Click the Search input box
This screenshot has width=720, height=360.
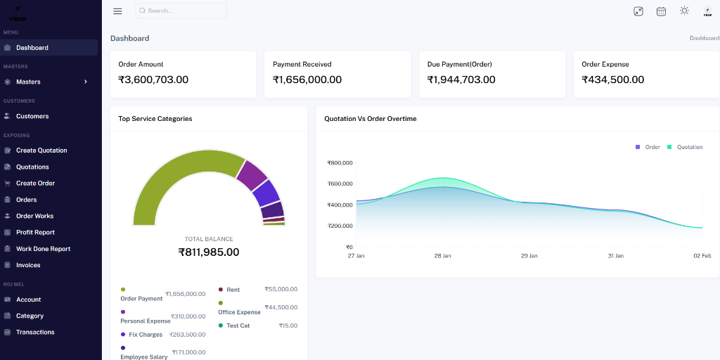[x=181, y=11]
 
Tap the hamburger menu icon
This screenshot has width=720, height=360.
[x=117, y=11]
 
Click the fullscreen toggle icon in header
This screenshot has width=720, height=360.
[x=638, y=11]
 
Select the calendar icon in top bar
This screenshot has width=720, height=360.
[x=661, y=11]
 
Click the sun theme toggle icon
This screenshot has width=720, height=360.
[x=684, y=11]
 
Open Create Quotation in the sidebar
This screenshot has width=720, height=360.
[x=41, y=150]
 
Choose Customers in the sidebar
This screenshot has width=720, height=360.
[x=32, y=116]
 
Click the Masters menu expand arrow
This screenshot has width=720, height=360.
[x=86, y=82]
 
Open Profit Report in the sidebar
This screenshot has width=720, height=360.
[x=35, y=232]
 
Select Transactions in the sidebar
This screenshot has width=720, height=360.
[x=35, y=332]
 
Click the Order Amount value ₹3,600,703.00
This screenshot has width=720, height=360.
[x=153, y=79]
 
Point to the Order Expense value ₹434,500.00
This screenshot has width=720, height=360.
[x=612, y=79]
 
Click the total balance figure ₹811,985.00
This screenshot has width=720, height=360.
[x=209, y=252]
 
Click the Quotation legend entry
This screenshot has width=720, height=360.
[x=685, y=147]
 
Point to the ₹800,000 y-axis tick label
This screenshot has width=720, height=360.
[x=340, y=163]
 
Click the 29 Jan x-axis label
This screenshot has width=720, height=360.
[x=529, y=256]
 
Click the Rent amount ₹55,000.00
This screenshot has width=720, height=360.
[x=281, y=289]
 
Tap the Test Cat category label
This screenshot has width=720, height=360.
[x=238, y=326]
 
